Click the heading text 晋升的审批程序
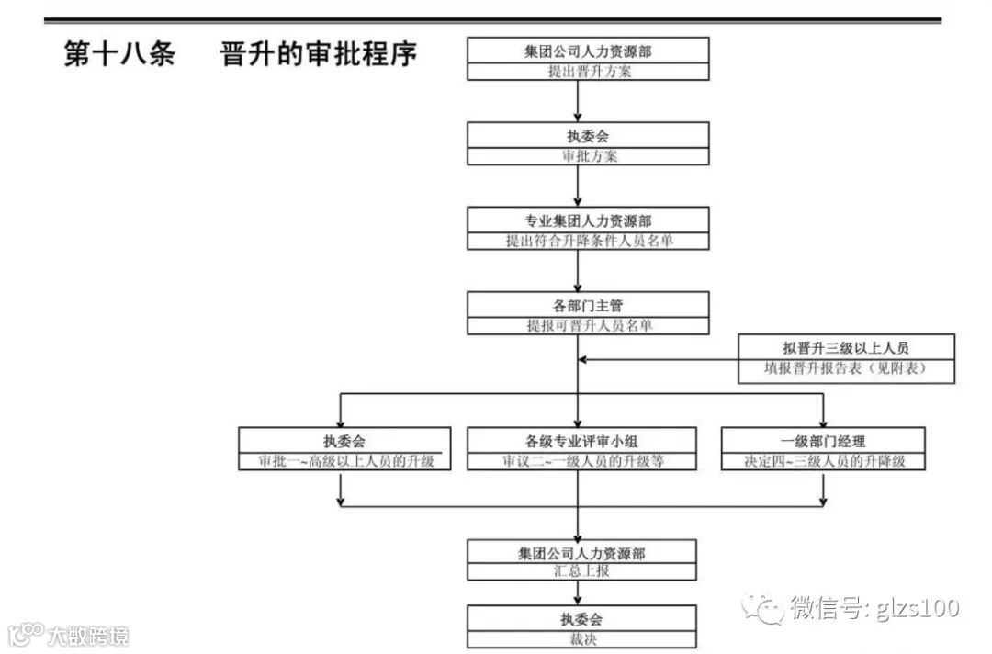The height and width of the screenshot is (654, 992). coord(319,53)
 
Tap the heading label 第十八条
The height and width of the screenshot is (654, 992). coord(118,53)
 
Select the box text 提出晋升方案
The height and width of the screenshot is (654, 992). coord(588,72)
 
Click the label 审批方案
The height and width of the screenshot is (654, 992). coord(588,156)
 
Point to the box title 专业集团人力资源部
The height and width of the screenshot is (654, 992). coord(588,220)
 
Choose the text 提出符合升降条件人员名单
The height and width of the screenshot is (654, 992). coord(588,241)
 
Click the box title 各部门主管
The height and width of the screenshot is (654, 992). coord(588,304)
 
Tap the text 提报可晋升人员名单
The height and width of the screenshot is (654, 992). coord(588,325)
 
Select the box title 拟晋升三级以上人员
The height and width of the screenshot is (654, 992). coord(846,347)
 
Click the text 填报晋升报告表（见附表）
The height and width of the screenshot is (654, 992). coord(846,369)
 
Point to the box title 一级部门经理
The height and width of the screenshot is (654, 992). coord(824,440)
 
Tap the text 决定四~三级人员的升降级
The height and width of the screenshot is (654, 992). coord(824,461)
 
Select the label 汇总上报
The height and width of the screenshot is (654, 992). coord(588,571)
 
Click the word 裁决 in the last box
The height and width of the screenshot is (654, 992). coord(588,639)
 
